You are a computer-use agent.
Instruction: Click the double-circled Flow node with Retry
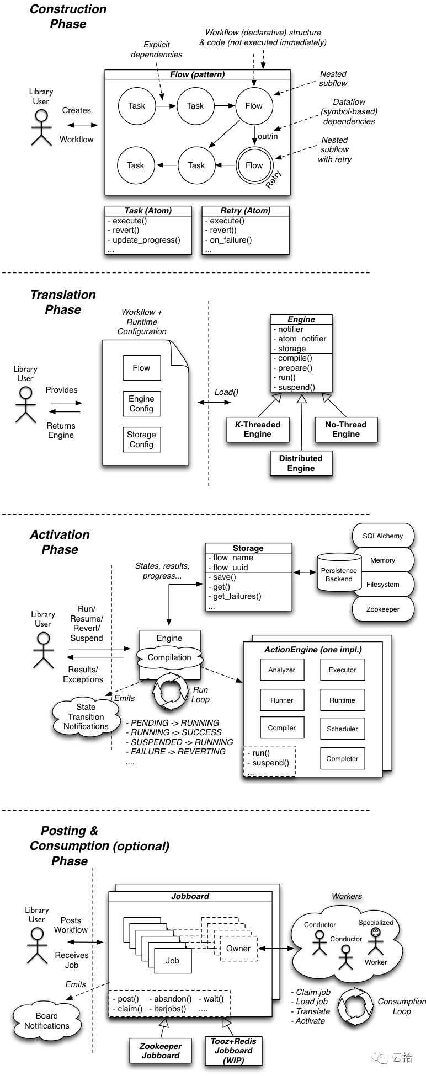254,165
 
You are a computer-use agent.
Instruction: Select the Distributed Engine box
301,463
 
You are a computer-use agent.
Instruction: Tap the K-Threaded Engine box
258,429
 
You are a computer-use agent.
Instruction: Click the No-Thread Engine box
346,429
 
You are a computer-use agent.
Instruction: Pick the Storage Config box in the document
141,440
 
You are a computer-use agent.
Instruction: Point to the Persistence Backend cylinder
339,574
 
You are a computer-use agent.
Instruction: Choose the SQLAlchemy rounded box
382,536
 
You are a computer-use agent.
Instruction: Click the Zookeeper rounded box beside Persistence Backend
382,609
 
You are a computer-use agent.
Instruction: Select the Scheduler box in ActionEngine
342,729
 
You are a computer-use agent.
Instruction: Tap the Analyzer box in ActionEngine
281,670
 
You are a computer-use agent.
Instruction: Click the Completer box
342,758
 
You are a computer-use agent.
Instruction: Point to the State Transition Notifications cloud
86,716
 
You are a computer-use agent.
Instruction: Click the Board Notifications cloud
47,1021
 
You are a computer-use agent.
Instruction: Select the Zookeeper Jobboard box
161,1051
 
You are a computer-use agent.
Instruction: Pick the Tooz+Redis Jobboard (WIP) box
233,1051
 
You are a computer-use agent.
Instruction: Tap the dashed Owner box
238,949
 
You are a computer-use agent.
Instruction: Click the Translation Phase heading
63,302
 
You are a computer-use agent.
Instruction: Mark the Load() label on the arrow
226,392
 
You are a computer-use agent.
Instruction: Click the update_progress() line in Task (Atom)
146,240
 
